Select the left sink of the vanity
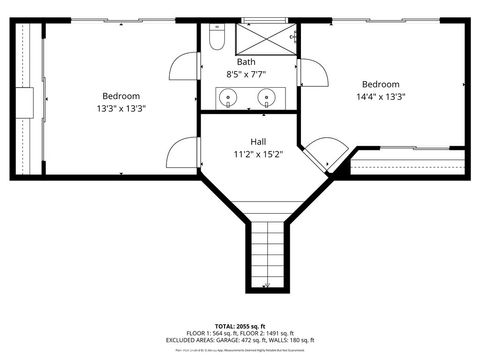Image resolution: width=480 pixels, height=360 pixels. (x=229, y=98)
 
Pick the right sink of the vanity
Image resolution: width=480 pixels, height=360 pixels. (x=266, y=98)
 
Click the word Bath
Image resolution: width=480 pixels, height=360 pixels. (x=245, y=62)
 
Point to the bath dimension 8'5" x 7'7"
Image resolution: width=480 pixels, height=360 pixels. (x=245, y=74)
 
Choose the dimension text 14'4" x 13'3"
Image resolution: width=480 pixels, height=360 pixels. (x=380, y=97)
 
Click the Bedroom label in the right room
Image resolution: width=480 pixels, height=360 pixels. (x=380, y=85)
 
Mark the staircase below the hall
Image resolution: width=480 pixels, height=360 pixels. (x=266, y=254)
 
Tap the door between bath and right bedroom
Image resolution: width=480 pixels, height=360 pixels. (x=312, y=73)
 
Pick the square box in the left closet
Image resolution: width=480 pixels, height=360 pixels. (x=25, y=101)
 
